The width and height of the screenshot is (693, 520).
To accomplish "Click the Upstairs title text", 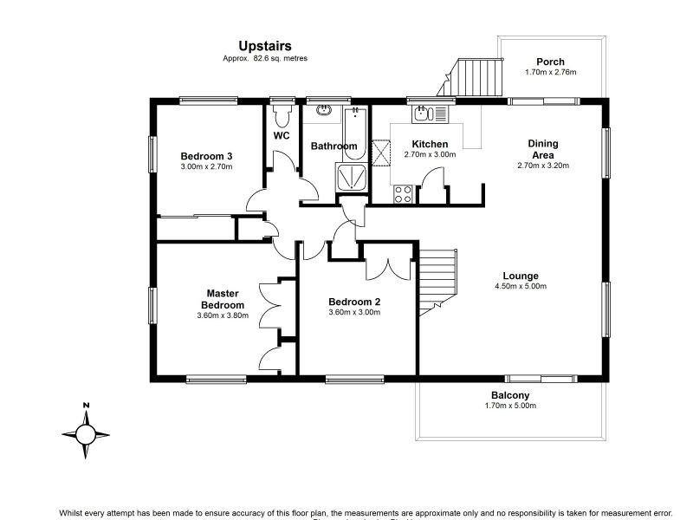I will click(265, 45).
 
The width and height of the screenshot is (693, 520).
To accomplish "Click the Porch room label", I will click(550, 62).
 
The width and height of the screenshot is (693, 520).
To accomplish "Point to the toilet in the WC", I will click(281, 116).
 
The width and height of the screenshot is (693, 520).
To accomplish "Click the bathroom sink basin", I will click(324, 111).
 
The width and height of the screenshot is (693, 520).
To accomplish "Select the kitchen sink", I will click(425, 113).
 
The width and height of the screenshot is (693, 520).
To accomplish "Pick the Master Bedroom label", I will click(223, 299).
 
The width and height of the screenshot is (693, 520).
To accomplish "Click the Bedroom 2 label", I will click(354, 302).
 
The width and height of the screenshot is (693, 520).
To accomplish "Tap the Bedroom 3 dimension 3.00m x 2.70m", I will click(206, 166).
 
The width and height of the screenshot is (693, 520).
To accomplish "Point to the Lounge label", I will click(520, 276).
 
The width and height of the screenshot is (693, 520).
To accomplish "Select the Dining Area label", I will click(543, 149).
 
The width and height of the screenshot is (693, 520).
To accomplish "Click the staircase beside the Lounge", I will click(438, 279).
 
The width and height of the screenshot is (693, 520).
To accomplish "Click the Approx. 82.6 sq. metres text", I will click(265, 58).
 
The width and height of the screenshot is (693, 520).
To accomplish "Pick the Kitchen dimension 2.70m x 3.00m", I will click(430, 155).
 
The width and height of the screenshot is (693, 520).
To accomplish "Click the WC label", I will click(282, 136).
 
